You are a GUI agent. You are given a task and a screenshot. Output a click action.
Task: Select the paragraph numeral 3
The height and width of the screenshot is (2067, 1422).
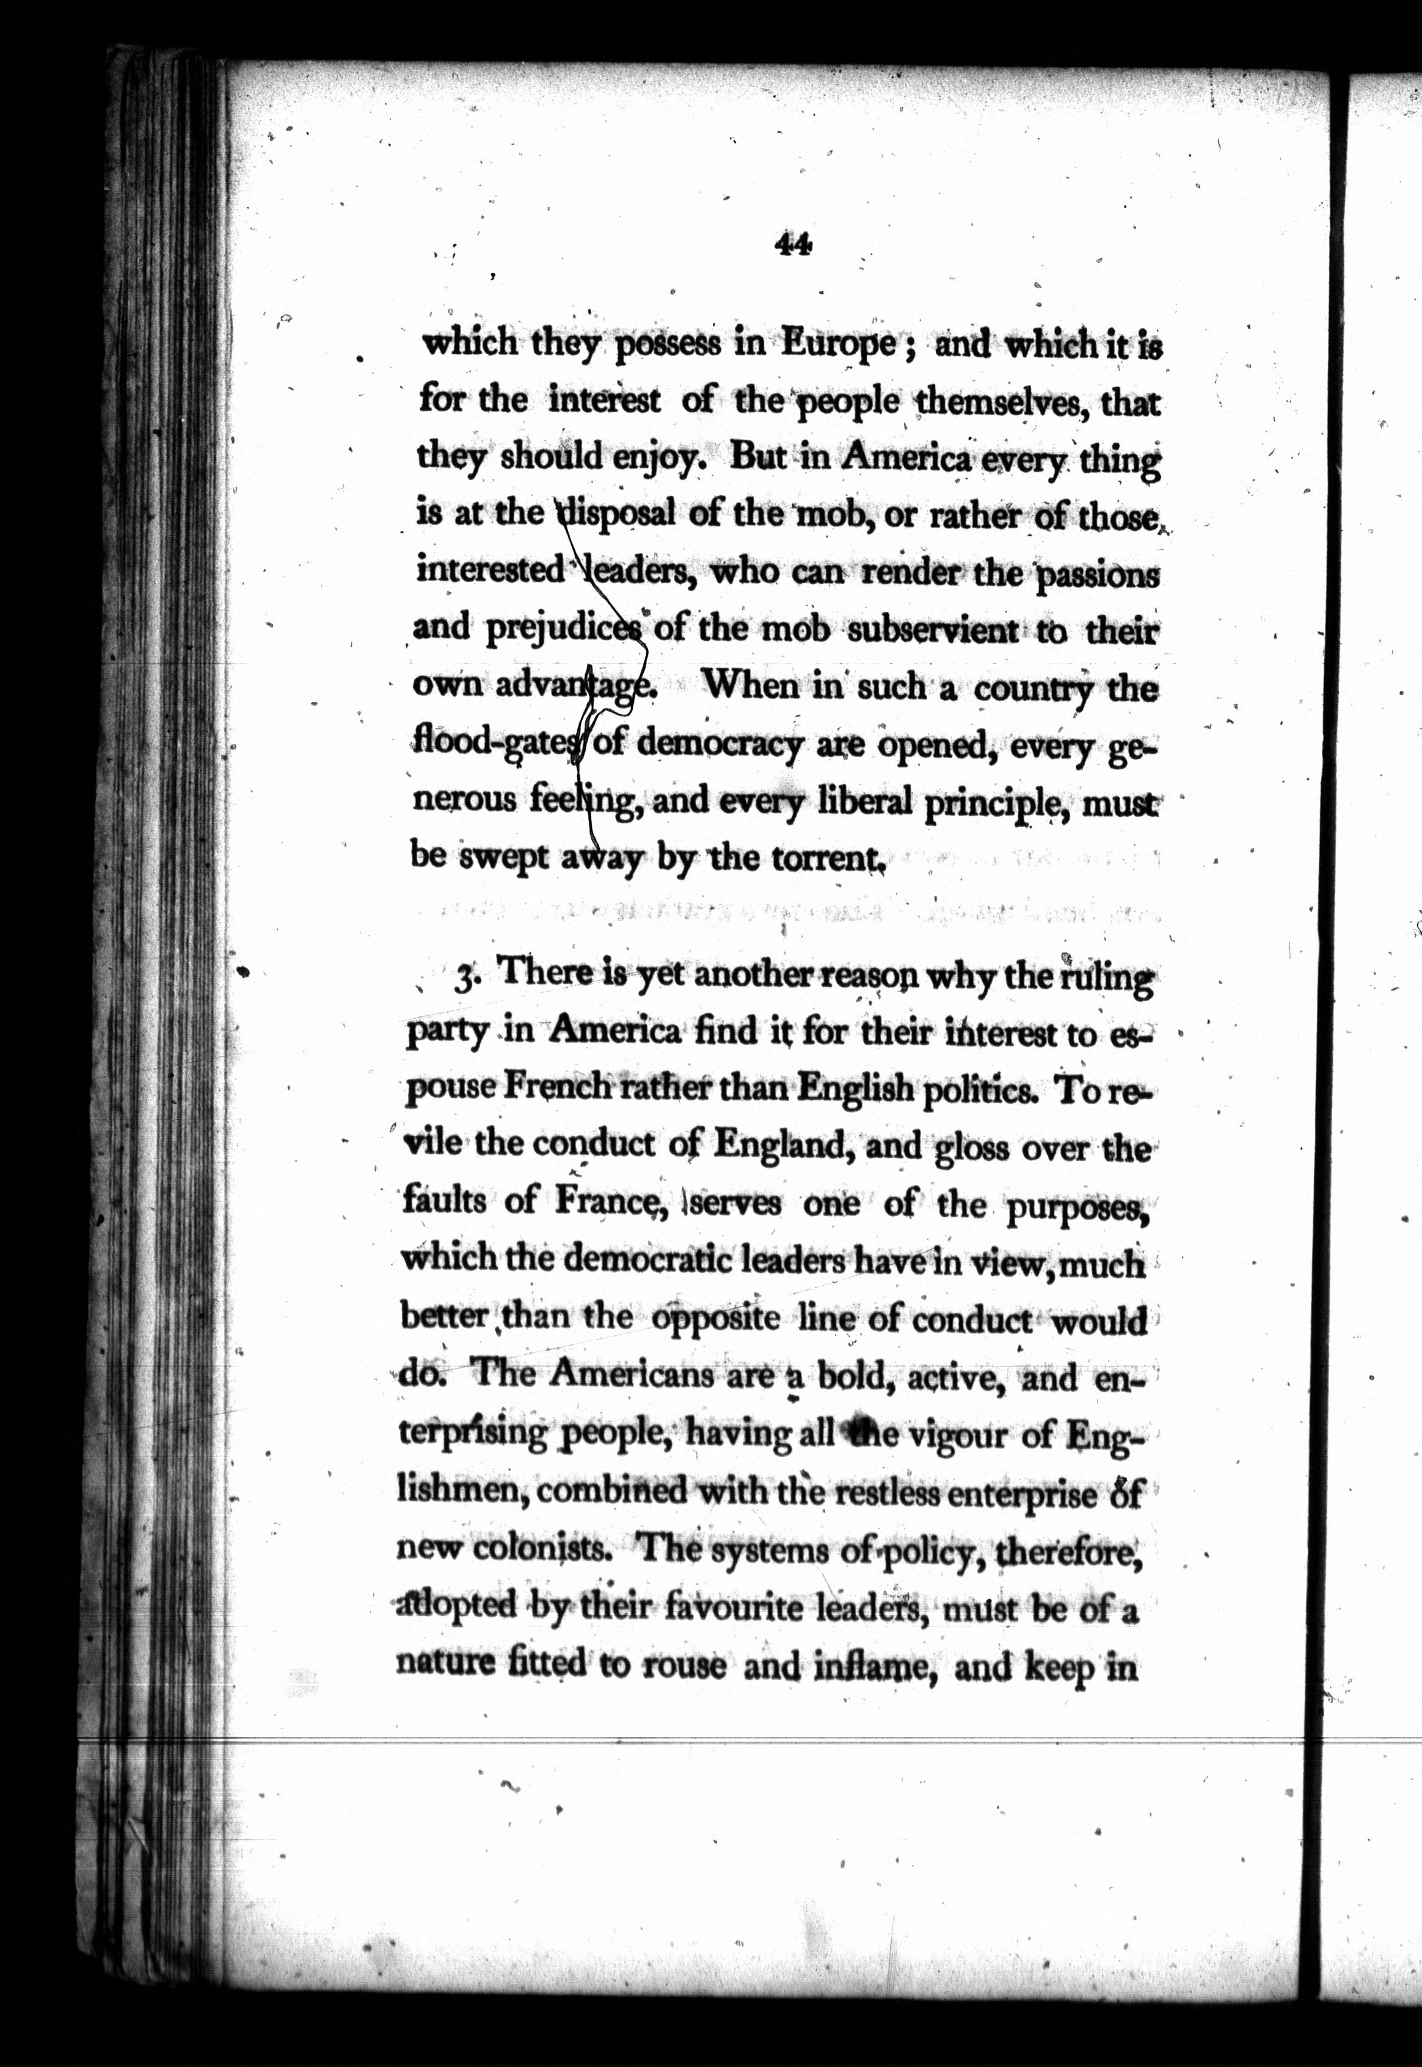pos(463,979)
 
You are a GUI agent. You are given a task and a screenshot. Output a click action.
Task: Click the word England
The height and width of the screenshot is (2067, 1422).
pos(778,1146)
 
